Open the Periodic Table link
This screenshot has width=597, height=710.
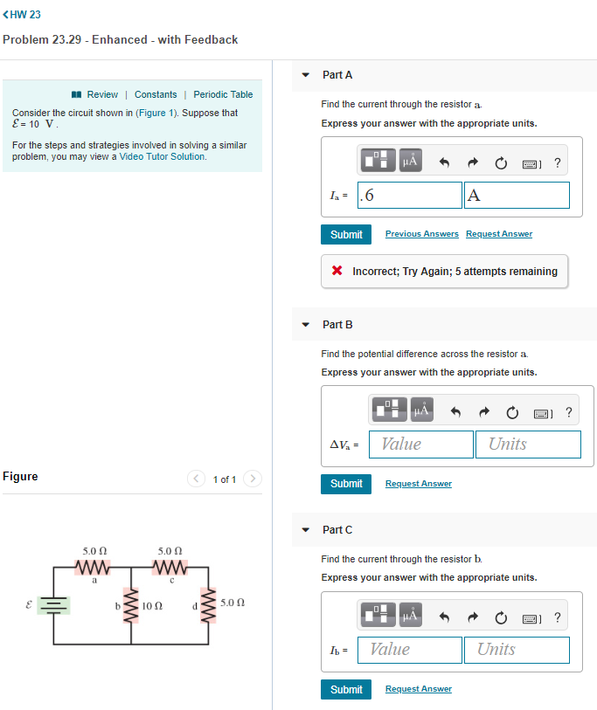click(x=223, y=94)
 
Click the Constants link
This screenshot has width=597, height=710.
click(x=156, y=94)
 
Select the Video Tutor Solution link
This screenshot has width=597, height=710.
click(x=163, y=157)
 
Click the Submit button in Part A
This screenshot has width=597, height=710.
click(x=346, y=234)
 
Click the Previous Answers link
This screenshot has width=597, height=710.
click(x=421, y=234)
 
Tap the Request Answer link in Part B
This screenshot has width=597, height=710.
click(x=418, y=484)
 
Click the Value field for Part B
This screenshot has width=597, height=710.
click(x=420, y=445)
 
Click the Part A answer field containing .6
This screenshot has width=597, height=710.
click(x=410, y=196)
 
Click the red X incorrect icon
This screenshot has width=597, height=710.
click(x=337, y=272)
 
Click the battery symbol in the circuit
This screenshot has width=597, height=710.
click(x=54, y=605)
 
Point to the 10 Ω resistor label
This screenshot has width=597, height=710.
click(x=150, y=604)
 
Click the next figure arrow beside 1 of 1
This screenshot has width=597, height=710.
click(x=252, y=479)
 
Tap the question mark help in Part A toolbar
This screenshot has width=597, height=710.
click(x=558, y=162)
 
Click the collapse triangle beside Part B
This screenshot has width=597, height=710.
click(x=305, y=325)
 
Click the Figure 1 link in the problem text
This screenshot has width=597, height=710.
click(x=157, y=114)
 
